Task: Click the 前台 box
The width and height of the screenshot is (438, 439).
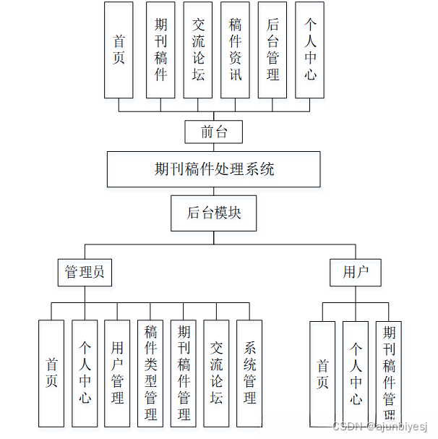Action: tap(212, 132)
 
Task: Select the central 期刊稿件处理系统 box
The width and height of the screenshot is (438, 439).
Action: tap(214, 170)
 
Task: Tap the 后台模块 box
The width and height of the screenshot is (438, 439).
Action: tap(213, 213)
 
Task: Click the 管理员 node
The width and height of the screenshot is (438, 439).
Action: tap(85, 272)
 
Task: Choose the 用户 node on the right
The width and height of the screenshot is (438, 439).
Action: tap(356, 272)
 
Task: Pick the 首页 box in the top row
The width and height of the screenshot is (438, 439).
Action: tap(119, 50)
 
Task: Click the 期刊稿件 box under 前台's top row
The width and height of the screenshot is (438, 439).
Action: tap(160, 50)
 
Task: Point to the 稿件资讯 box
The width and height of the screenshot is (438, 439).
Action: tap(235, 50)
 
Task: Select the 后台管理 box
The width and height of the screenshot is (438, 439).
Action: tap(272, 50)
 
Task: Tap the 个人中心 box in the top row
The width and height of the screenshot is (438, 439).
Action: tap(310, 50)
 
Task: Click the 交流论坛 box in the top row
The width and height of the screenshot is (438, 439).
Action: tap(198, 50)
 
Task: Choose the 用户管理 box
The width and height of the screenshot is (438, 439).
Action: tap(117, 373)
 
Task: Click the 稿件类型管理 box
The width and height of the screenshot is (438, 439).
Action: tap(150, 373)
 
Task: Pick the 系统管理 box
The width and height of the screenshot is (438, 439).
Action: tap(249, 373)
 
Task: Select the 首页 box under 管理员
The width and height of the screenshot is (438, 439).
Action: tap(51, 373)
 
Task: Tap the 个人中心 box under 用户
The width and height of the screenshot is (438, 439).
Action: tap(356, 373)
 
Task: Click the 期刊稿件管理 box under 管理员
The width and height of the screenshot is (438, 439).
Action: tap(184, 373)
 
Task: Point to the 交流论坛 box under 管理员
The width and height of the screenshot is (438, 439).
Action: tap(216, 373)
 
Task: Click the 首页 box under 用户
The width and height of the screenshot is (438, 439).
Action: tap(322, 373)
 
